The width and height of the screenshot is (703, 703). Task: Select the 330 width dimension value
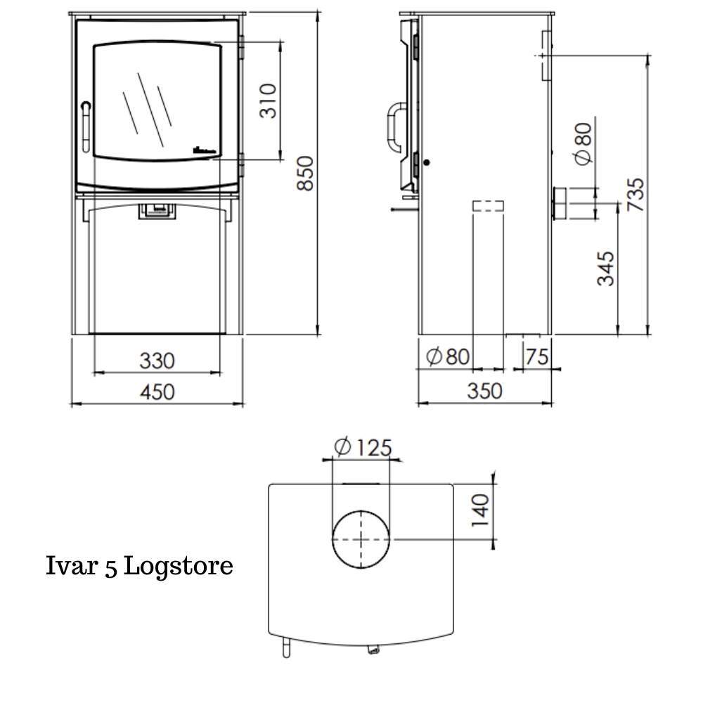click(x=156, y=361)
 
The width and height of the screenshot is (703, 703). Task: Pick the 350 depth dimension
click(x=485, y=391)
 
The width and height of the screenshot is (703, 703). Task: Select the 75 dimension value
click(x=536, y=357)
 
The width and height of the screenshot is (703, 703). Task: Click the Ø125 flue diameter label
click(x=363, y=448)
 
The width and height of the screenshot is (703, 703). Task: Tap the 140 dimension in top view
click(x=480, y=511)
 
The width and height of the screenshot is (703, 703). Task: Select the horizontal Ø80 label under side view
click(x=448, y=357)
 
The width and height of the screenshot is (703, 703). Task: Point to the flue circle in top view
click(x=361, y=540)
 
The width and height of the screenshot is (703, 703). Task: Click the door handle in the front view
click(x=86, y=127)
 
